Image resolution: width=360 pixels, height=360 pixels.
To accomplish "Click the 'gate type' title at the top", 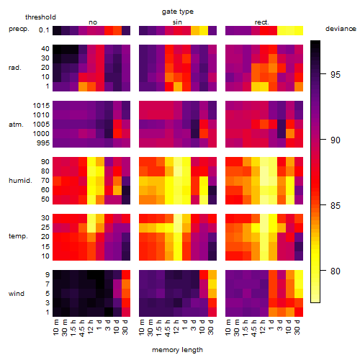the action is [x=178, y=12].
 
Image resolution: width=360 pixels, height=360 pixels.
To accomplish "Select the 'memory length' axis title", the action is [x=177, y=350].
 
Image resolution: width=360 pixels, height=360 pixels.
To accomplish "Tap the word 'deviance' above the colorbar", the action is [x=341, y=29].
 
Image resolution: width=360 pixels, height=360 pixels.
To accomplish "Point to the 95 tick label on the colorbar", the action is [x=336, y=75].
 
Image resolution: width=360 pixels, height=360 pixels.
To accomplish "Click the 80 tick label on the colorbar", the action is [x=336, y=271].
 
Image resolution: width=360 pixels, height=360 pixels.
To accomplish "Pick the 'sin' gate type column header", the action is [x=177, y=22].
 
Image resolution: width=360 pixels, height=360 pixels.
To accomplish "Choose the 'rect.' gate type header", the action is [x=261, y=22].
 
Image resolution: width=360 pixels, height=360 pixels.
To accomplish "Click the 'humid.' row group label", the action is [x=20, y=181].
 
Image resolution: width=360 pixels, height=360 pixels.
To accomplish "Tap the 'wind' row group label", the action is [x=17, y=294].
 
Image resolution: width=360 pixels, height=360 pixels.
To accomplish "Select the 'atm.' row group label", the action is [x=16, y=125].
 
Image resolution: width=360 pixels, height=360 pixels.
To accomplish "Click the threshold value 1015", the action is [x=41, y=106].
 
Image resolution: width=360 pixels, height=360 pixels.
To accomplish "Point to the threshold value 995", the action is [x=43, y=143].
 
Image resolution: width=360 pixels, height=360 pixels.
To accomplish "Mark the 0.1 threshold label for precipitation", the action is [x=44, y=30].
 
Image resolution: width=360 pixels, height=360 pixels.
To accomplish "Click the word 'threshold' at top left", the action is [x=40, y=17].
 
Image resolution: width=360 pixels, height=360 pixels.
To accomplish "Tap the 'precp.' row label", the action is [x=19, y=29].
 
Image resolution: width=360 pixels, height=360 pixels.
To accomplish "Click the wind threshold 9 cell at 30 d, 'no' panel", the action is [x=126, y=274].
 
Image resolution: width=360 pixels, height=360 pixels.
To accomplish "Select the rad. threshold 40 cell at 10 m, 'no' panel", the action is [x=57, y=49].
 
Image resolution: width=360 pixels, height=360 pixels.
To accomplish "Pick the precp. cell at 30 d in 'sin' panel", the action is [x=212, y=31].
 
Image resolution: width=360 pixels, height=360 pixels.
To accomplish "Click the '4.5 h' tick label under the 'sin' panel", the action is [x=168, y=328].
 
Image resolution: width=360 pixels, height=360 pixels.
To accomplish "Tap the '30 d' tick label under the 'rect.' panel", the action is [x=297, y=327].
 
